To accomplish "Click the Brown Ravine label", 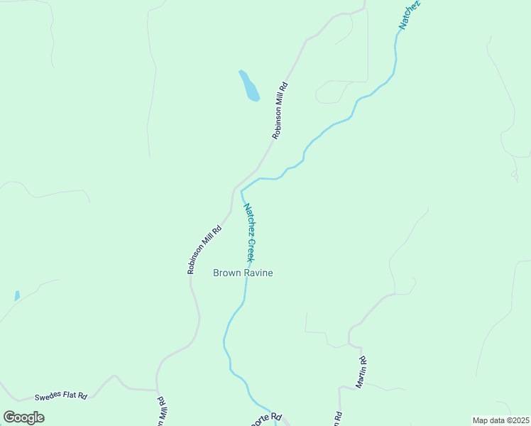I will click(243, 273).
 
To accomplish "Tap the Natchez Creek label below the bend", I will click(249, 232).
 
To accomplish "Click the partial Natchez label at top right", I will click(409, 14).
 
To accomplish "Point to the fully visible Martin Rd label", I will click(361, 371).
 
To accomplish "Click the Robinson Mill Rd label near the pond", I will click(280, 111).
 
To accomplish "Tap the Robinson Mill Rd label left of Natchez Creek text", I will click(204, 249).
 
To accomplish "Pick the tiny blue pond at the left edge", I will click(17, 295).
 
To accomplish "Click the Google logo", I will click(23, 417).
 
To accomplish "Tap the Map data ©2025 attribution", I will click(501, 420).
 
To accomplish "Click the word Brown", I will click(226, 273).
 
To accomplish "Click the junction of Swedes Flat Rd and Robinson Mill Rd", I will click(157, 390).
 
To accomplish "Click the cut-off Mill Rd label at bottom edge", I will click(163, 412).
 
